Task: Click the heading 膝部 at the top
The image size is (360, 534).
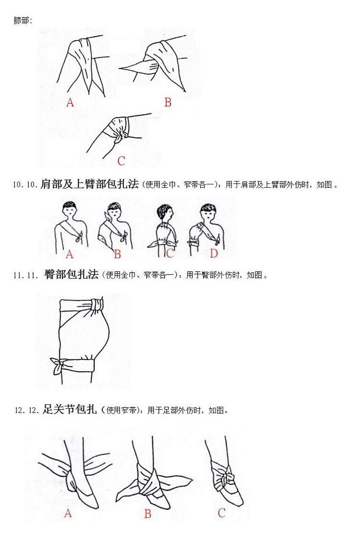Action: pos(23,21)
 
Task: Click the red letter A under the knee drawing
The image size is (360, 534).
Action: pos(70,102)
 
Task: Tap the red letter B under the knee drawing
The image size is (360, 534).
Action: pos(168,102)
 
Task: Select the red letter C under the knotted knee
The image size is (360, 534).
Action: pos(121,161)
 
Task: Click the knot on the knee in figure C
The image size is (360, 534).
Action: pos(118,136)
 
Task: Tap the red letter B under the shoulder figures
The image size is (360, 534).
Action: pos(117,254)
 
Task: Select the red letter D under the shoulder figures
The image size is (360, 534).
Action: pos(214,253)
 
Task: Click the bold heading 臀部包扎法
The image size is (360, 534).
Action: pos(71,275)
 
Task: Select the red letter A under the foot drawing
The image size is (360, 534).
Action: pos(68,513)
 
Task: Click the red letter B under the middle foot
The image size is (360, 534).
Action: pos(147,514)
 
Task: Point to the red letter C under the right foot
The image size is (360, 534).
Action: pos(221,513)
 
